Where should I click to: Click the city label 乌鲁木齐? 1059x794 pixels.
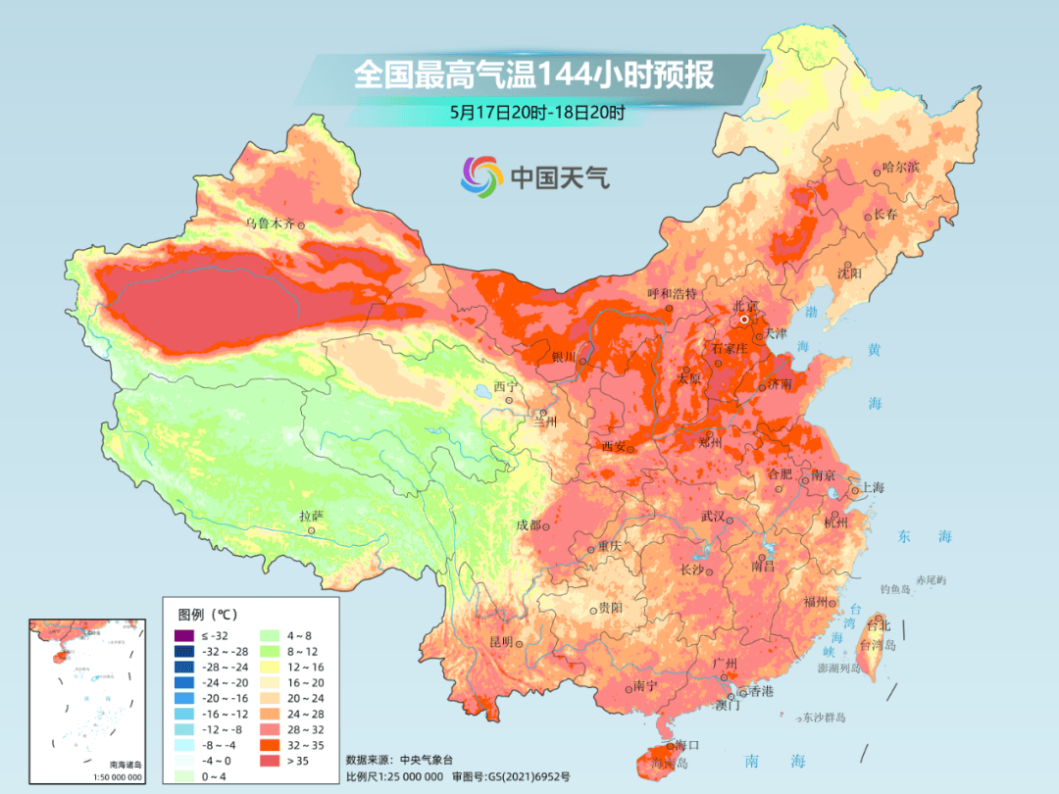269,223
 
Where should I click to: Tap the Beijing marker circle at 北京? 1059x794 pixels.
745,320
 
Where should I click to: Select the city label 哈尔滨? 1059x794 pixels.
901,168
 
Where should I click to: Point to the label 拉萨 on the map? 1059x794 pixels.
311,516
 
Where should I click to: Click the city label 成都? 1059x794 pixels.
529,525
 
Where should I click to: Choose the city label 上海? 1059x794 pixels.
873,487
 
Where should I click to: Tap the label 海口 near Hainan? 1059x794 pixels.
687,747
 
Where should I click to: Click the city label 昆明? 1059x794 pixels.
500,641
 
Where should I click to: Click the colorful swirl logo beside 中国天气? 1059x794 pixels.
481,176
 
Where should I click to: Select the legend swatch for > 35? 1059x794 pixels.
267,760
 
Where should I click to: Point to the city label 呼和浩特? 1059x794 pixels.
672,293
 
